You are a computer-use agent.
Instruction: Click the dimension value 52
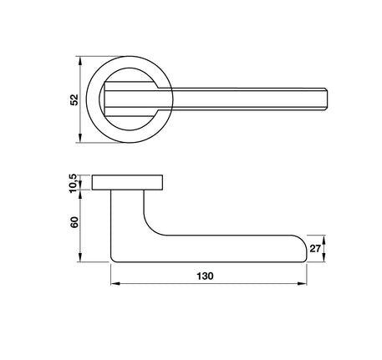click(74, 99)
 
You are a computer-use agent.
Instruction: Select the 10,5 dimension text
click(73, 183)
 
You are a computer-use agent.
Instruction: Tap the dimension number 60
click(74, 222)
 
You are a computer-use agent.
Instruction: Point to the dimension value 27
click(315, 248)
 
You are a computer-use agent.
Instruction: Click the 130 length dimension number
click(205, 276)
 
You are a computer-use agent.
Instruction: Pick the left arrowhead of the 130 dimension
click(115, 284)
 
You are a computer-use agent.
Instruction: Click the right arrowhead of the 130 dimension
click(302, 284)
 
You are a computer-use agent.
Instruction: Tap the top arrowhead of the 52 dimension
click(80, 61)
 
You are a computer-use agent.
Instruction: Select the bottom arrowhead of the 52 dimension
click(80, 138)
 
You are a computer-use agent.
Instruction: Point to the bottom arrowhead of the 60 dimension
click(80, 257)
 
